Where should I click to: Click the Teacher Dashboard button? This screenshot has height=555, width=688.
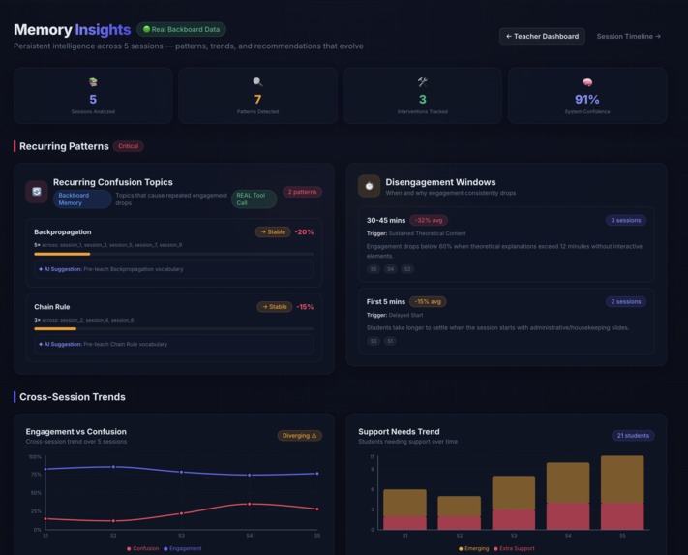pyautogui.click(x=543, y=36)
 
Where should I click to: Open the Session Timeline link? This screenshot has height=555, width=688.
pyautogui.click(x=628, y=36)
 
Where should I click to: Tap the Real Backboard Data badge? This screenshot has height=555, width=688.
pyautogui.click(x=182, y=29)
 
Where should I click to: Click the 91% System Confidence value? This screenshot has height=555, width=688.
pyautogui.click(x=586, y=100)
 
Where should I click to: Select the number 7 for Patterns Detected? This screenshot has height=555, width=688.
pyautogui.click(x=257, y=100)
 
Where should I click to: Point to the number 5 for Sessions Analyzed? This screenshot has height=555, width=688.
pyautogui.click(x=93, y=100)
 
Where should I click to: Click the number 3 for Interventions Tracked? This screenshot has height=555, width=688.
pyautogui.click(x=422, y=100)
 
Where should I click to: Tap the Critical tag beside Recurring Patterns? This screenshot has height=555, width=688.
pyautogui.click(x=128, y=146)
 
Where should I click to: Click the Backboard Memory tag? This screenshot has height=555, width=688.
pyautogui.click(x=82, y=200)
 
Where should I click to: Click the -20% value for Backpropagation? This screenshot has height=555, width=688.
pyautogui.click(x=305, y=232)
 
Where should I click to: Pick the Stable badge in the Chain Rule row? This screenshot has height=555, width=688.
pyautogui.click(x=274, y=307)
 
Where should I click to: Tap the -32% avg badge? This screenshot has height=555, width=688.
pyautogui.click(x=429, y=220)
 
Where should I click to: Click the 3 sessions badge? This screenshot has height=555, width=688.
pyautogui.click(x=626, y=220)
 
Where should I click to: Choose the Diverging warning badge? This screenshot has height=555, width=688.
pyautogui.click(x=300, y=436)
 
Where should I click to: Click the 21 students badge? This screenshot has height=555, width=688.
pyautogui.click(x=633, y=436)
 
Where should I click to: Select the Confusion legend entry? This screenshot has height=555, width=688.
pyautogui.click(x=142, y=548)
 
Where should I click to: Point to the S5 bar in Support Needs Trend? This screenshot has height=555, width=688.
pyautogui.click(x=622, y=492)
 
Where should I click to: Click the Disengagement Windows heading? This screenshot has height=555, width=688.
pyautogui.click(x=440, y=182)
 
